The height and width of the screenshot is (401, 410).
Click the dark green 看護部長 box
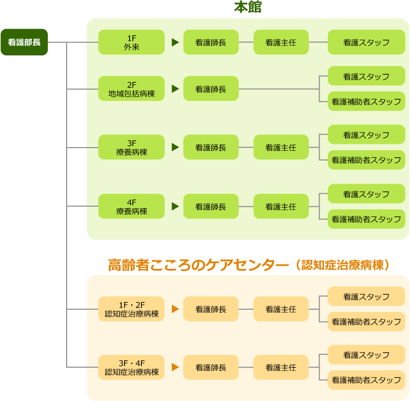point(24,42)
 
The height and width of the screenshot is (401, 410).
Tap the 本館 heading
point(248,8)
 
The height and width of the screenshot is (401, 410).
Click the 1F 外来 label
point(132,42)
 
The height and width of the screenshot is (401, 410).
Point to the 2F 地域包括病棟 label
point(132,89)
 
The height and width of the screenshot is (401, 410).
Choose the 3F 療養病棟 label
point(132,148)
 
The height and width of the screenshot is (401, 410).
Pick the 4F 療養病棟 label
point(132,207)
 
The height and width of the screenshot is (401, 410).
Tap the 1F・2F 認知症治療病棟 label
point(132,309)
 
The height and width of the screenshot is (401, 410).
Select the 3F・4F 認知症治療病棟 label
point(132,367)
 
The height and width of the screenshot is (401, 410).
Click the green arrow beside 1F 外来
point(175,42)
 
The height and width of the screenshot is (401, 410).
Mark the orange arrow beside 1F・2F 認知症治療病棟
point(175,309)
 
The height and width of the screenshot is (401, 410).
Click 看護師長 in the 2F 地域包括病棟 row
point(211,89)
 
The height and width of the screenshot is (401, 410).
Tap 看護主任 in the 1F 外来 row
point(280,42)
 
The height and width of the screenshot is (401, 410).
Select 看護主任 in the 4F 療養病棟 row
point(280,207)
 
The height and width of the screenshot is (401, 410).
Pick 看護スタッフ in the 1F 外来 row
point(366,42)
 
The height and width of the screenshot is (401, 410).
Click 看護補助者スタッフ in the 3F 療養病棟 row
point(366,160)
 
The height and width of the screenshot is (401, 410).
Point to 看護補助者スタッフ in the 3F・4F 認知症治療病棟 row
point(366,380)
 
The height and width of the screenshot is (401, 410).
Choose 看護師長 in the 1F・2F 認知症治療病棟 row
point(211,309)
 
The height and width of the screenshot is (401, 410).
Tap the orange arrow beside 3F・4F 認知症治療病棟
point(175,367)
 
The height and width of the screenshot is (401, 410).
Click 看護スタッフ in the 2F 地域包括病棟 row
point(366,77)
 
